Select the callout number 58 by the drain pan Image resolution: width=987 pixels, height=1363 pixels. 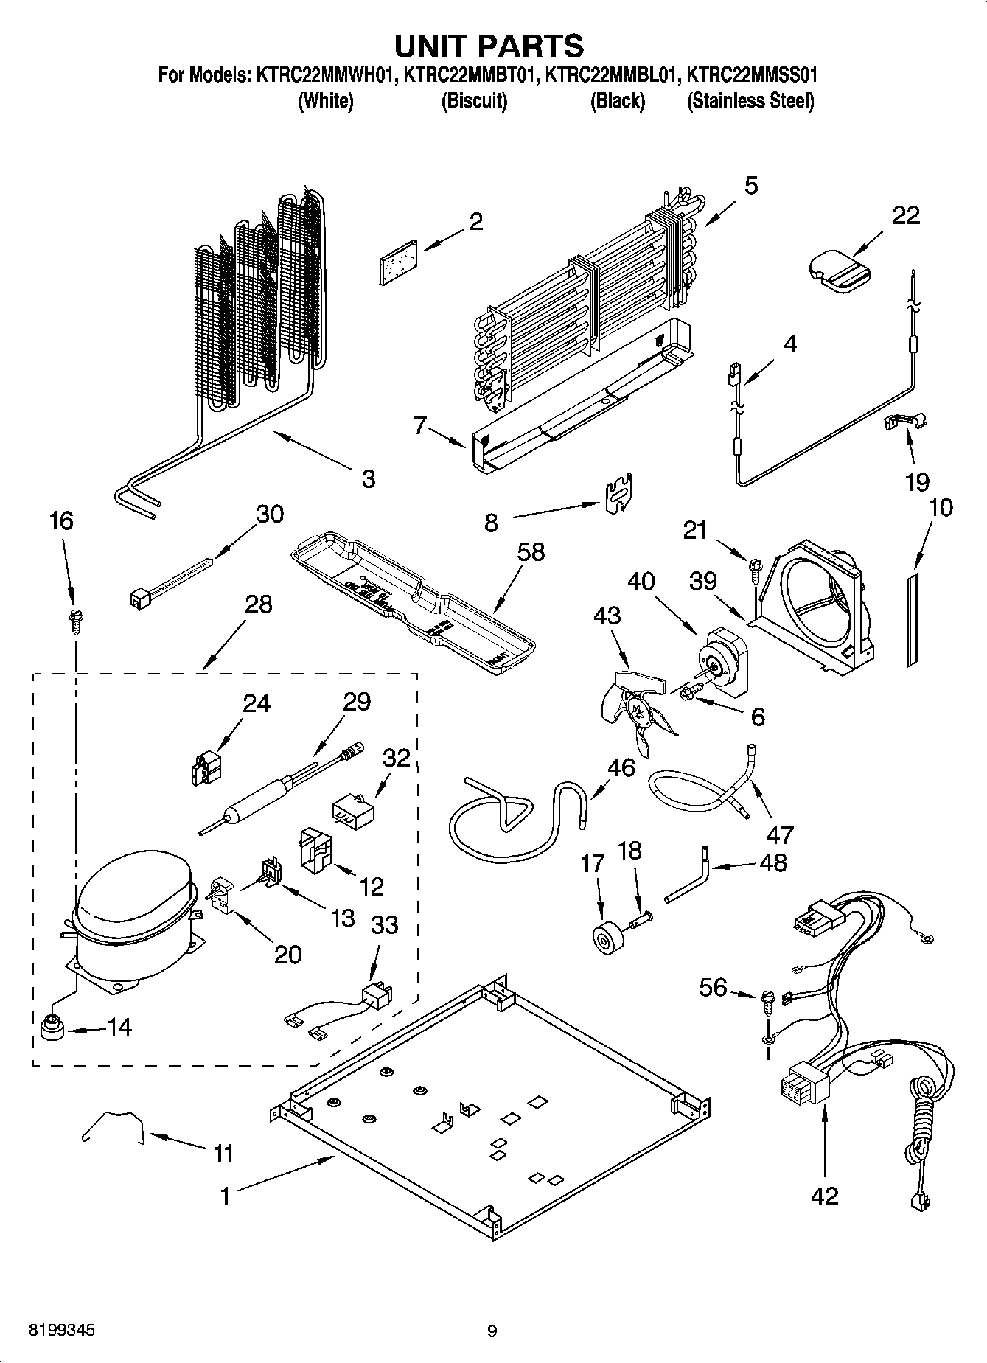pyautogui.click(x=530, y=551)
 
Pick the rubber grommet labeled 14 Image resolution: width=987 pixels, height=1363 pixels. pyautogui.click(x=51, y=1026)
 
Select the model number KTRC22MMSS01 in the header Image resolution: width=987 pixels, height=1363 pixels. pyautogui.click(x=752, y=75)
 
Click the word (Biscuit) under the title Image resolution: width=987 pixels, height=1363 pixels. pyautogui.click(x=474, y=101)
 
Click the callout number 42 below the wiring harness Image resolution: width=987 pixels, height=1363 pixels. pyautogui.click(x=824, y=1196)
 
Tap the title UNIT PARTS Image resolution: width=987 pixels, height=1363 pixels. pyautogui.click(x=489, y=45)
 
